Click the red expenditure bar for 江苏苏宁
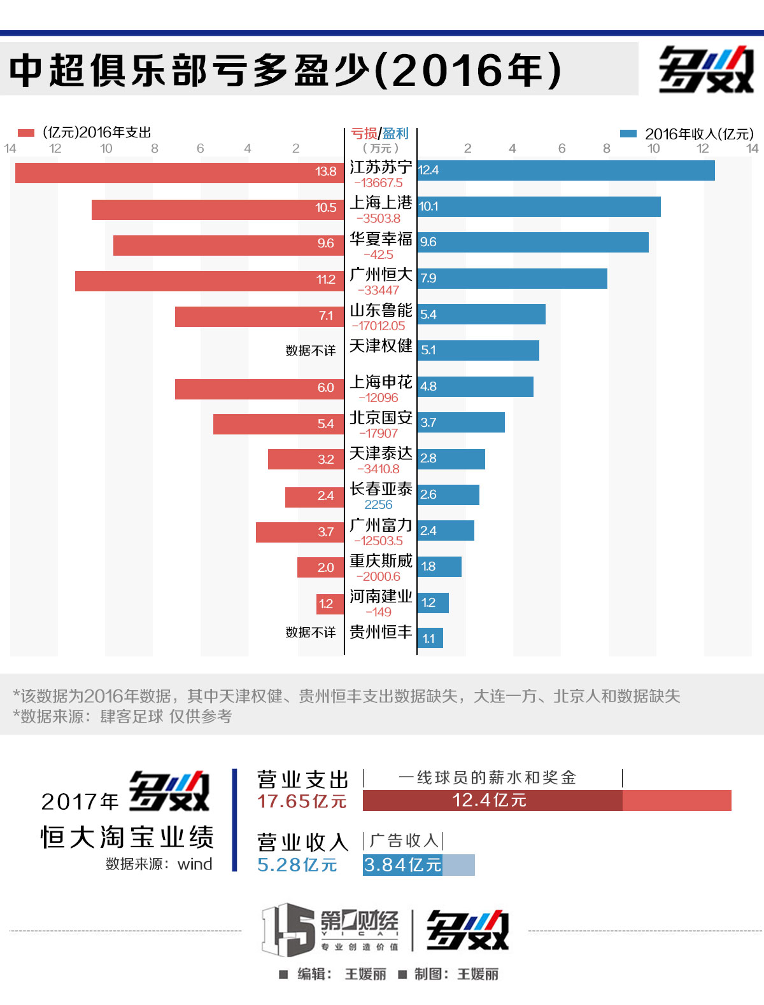coord(178,173)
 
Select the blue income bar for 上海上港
coord(539,207)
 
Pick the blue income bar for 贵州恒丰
coord(430,638)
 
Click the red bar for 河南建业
coord(330,604)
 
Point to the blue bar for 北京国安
coord(461,422)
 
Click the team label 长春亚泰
coord(381,489)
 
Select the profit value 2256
coord(378,504)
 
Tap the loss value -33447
coord(378,290)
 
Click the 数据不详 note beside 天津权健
coord(310,350)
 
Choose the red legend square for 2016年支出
coord(25,133)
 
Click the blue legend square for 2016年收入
coord(628,134)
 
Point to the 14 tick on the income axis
coord(753,149)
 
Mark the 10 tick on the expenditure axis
coord(106,149)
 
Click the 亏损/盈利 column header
coord(380,134)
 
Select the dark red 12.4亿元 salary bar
coord(492,800)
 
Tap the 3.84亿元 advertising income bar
coord(402,865)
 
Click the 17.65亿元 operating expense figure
coord(302,801)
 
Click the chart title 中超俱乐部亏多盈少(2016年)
coord(285,69)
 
